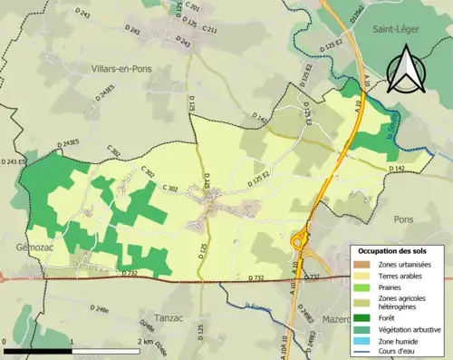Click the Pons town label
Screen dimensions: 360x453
coord(403,219)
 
